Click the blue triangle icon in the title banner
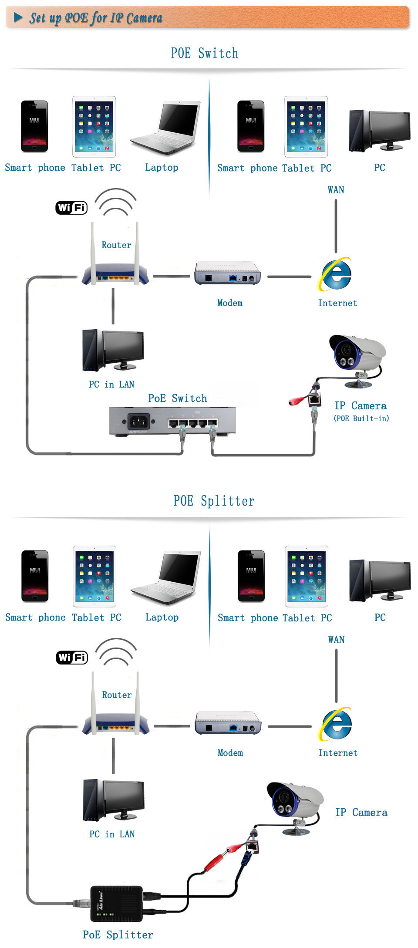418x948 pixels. (x=18, y=17)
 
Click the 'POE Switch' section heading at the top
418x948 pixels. (x=204, y=53)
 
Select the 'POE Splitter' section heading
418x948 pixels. (x=213, y=501)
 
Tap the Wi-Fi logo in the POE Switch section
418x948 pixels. (x=71, y=208)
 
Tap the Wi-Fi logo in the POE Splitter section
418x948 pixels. (x=72, y=658)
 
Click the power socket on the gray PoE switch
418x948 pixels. (x=138, y=421)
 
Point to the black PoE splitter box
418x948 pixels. (x=116, y=904)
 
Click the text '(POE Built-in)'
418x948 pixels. (x=361, y=418)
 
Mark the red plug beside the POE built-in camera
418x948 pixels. (x=296, y=401)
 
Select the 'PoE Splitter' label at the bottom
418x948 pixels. (x=118, y=935)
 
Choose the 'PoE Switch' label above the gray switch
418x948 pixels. (x=177, y=398)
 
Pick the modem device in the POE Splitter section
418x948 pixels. (x=228, y=723)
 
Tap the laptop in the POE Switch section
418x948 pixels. (x=166, y=128)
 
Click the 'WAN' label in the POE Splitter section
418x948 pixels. (x=336, y=640)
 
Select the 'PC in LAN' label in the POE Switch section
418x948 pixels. (x=111, y=384)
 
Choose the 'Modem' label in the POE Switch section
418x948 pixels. (x=230, y=303)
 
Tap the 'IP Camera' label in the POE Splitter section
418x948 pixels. (x=361, y=813)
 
